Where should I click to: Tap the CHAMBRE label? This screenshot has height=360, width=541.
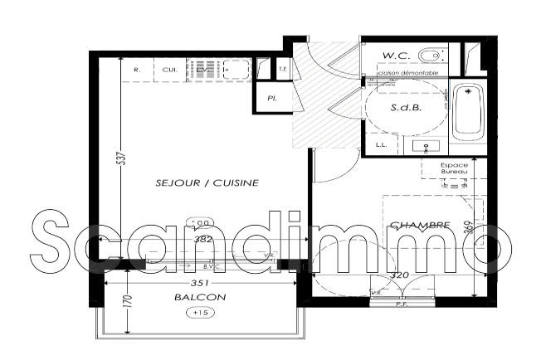coord(420,225)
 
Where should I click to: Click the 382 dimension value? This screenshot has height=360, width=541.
coord(204,239)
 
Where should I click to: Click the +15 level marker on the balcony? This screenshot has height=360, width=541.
coord(199,313)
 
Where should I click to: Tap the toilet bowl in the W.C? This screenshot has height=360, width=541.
coord(430,56)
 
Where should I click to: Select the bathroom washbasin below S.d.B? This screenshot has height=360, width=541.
coord(428,146)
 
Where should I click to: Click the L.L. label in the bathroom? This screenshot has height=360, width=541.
coord(381,145)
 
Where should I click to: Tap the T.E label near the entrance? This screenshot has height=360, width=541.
coord(283,68)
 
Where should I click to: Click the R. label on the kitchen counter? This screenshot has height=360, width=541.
coord(137,70)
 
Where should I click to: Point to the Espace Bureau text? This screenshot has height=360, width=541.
coord(454,168)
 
